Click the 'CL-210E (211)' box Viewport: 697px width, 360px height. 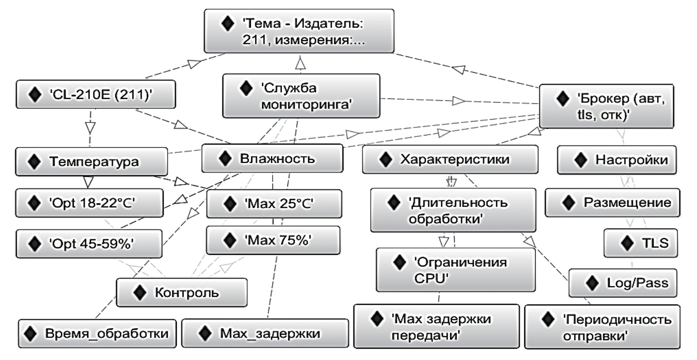tap(95, 95)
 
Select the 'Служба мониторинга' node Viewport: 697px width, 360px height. tap(301, 96)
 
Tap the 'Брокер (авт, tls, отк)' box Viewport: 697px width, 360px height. tap(606, 106)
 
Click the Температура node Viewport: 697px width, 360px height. tap(91, 162)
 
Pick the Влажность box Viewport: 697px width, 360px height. tap(272, 159)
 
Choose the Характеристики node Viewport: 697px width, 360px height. tap(450, 159)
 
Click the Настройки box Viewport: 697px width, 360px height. tap(617, 160)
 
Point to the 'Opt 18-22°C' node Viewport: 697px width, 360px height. tap(89, 203)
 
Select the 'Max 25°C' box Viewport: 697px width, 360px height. tap(273, 204)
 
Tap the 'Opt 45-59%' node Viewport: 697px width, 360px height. tap(89, 244)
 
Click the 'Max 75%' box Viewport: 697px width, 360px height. tap(273, 240)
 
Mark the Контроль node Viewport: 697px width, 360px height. tap(182, 293)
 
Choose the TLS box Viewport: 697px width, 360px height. tap(640, 243)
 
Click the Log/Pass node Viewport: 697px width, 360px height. tap(622, 283)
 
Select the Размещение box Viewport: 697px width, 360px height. tap(612, 203)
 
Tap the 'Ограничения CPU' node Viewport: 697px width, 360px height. tap(456, 270)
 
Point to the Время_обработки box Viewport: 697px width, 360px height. tap(97, 334)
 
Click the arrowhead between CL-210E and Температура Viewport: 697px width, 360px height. tap(90, 127)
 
